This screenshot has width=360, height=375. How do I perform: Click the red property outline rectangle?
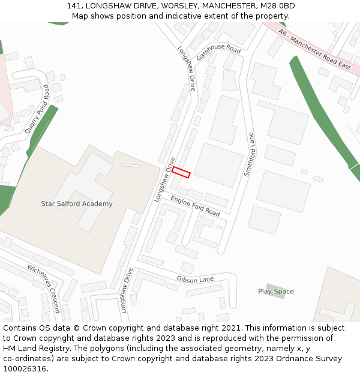[181, 172]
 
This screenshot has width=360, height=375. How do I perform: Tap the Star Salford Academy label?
[76, 204]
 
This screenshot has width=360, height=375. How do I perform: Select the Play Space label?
[276, 292]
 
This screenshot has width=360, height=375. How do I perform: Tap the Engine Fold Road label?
[195, 205]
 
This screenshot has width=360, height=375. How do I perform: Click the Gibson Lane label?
[195, 280]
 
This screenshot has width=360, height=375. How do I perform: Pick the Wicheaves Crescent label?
[44, 289]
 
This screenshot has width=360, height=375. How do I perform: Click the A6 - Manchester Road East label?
[314, 49]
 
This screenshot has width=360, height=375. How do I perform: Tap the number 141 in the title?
[73, 6]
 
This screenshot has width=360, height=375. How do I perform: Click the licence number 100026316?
[25, 369]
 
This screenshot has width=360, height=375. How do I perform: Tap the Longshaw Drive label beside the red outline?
[165, 179]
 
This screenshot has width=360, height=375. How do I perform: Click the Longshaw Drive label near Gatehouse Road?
[187, 68]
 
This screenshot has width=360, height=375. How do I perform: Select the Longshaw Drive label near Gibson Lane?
[126, 290]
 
